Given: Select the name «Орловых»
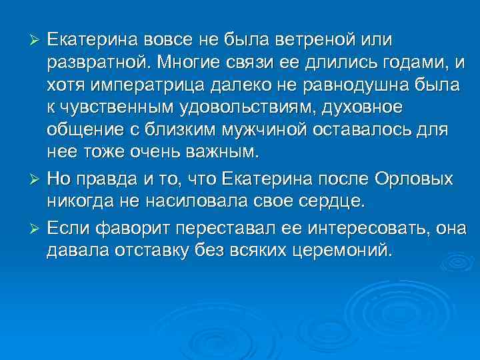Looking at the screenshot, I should coord(414,181).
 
